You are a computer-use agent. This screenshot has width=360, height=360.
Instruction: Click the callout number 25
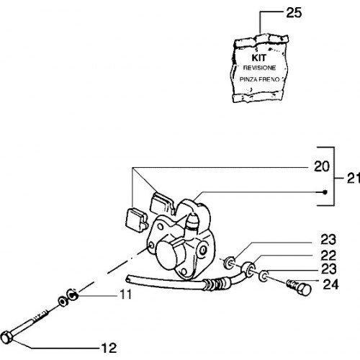coord(294,13)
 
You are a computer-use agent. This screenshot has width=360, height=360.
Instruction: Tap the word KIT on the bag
coord(259,58)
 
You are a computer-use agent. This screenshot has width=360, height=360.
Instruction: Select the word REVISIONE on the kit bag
coord(259,68)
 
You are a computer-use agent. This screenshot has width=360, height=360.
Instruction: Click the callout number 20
coord(322,166)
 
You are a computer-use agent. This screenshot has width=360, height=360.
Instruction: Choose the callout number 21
coord(354,179)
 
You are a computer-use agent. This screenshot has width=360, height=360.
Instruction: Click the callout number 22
coord(328,256)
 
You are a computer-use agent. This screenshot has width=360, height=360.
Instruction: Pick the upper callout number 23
coord(328,240)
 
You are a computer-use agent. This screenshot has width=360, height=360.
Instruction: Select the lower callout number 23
coord(328,269)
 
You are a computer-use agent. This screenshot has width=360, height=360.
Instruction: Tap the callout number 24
coord(330,284)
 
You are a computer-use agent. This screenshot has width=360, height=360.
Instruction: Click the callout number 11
coord(126,294)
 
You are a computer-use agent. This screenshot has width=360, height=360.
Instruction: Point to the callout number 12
coord(109,348)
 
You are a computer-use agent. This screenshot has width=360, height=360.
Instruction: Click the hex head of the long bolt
coord(6,337)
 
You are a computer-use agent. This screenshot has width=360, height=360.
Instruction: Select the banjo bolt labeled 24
coord(299,287)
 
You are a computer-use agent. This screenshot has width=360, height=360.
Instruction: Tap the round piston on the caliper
coord(168,255)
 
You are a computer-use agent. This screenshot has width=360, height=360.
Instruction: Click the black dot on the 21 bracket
coord(325,192)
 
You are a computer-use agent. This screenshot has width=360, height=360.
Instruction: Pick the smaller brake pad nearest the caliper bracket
coord(136,220)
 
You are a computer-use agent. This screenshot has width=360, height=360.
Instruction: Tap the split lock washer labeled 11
coord(73,294)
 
